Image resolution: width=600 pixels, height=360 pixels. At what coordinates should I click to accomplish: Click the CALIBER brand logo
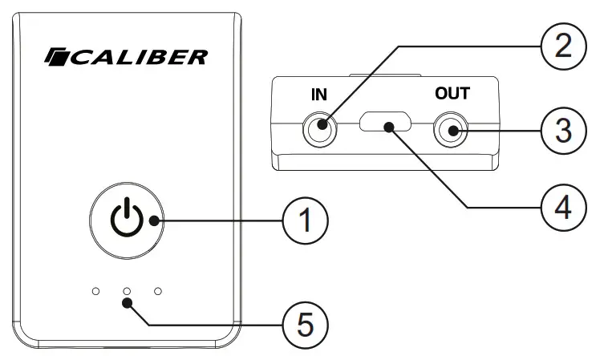coord(126,57)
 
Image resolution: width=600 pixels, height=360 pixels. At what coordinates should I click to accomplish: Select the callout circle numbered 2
coord(561,46)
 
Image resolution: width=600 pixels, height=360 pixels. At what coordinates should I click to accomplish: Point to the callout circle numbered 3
coord(561,131)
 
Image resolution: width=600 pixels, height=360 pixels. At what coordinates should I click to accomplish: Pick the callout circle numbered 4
coord(561,206)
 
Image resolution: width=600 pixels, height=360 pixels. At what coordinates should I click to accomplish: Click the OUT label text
coord(452,93)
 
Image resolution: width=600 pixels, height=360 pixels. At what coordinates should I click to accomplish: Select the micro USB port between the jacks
coord(386,124)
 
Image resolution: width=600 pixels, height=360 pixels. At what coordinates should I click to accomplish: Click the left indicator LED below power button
coord(95,290)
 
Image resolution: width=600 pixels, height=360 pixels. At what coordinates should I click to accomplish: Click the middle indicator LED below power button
coord(126,290)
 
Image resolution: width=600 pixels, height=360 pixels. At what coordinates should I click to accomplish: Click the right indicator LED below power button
coord(157,290)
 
